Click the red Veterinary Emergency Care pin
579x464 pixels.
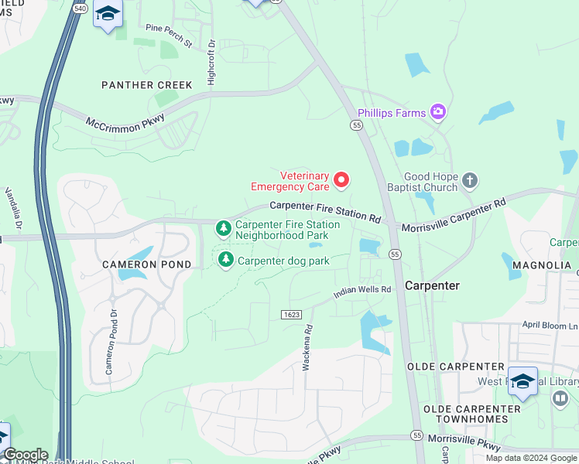(x=341, y=181)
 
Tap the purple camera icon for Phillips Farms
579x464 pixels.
(x=438, y=113)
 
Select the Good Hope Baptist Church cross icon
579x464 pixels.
(x=469, y=182)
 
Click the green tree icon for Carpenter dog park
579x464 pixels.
(x=225, y=260)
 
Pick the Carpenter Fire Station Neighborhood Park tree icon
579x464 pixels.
(x=224, y=228)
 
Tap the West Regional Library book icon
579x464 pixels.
(x=560, y=398)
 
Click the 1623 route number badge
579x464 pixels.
(x=290, y=313)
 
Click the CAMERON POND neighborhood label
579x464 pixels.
(x=136, y=264)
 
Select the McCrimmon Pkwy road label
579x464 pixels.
(x=120, y=122)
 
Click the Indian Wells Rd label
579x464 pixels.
(x=362, y=292)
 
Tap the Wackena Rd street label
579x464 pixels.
(x=307, y=345)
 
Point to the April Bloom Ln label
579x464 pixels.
(x=548, y=325)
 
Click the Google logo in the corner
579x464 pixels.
(x=25, y=455)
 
